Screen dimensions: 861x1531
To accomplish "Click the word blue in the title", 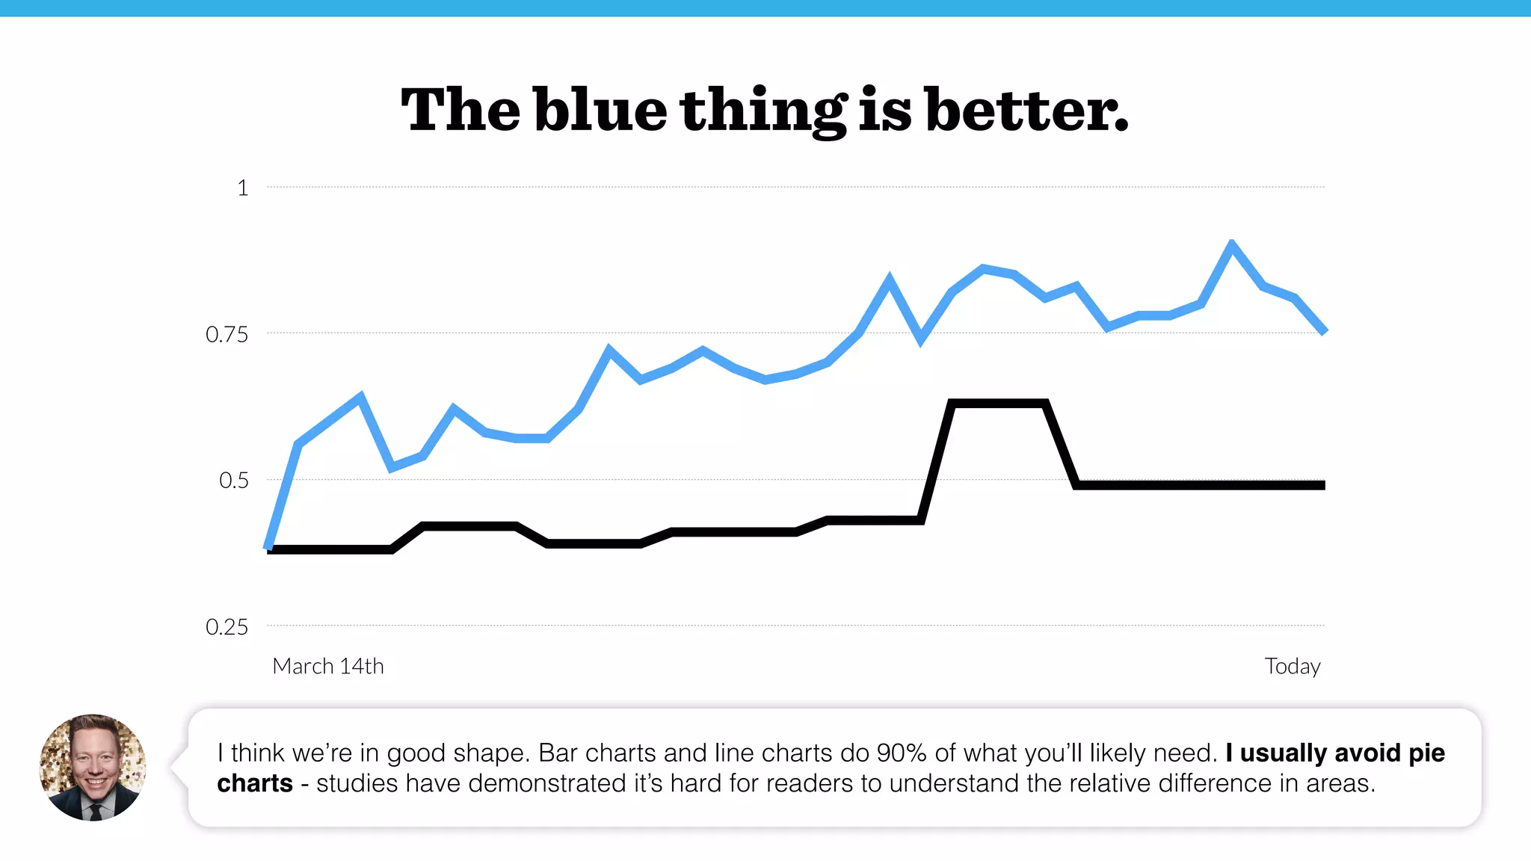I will (600, 110).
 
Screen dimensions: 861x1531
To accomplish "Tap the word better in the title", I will (1026, 110).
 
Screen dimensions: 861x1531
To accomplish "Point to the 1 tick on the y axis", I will (242, 188).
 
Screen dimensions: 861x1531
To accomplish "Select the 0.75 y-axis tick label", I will (227, 334).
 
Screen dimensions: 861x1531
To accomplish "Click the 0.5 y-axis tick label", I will (233, 480).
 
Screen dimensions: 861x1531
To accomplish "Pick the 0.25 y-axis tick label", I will (227, 626).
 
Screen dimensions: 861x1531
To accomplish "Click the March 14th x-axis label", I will (328, 666).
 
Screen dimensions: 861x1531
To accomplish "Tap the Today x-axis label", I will (1292, 666).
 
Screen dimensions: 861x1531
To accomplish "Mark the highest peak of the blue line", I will (1231, 244).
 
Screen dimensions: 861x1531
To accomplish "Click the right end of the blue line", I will (1323, 330).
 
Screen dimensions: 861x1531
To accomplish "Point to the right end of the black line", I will (1323, 485).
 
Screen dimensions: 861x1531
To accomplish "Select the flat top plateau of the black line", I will (998, 404).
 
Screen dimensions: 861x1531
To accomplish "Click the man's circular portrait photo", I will (93, 768).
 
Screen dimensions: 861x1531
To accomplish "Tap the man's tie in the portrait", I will (95, 810).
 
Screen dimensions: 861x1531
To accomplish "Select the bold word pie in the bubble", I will (1426, 753).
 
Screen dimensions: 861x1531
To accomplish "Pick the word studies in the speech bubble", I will (357, 783).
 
